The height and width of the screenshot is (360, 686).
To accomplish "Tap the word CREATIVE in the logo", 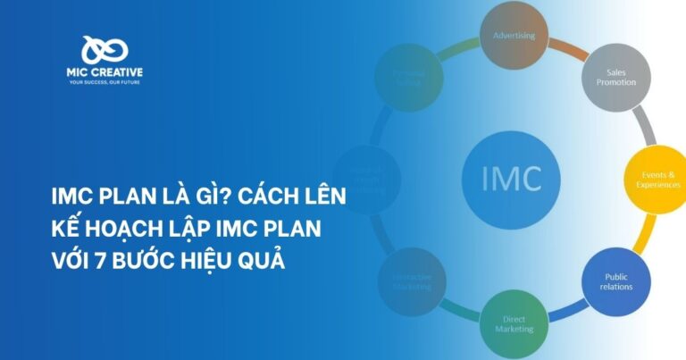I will tap(117, 72).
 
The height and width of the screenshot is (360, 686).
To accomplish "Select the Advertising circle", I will tap(514, 37).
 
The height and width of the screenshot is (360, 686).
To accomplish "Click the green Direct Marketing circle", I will tap(514, 322).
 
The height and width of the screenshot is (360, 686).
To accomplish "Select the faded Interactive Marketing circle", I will tap(411, 281).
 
